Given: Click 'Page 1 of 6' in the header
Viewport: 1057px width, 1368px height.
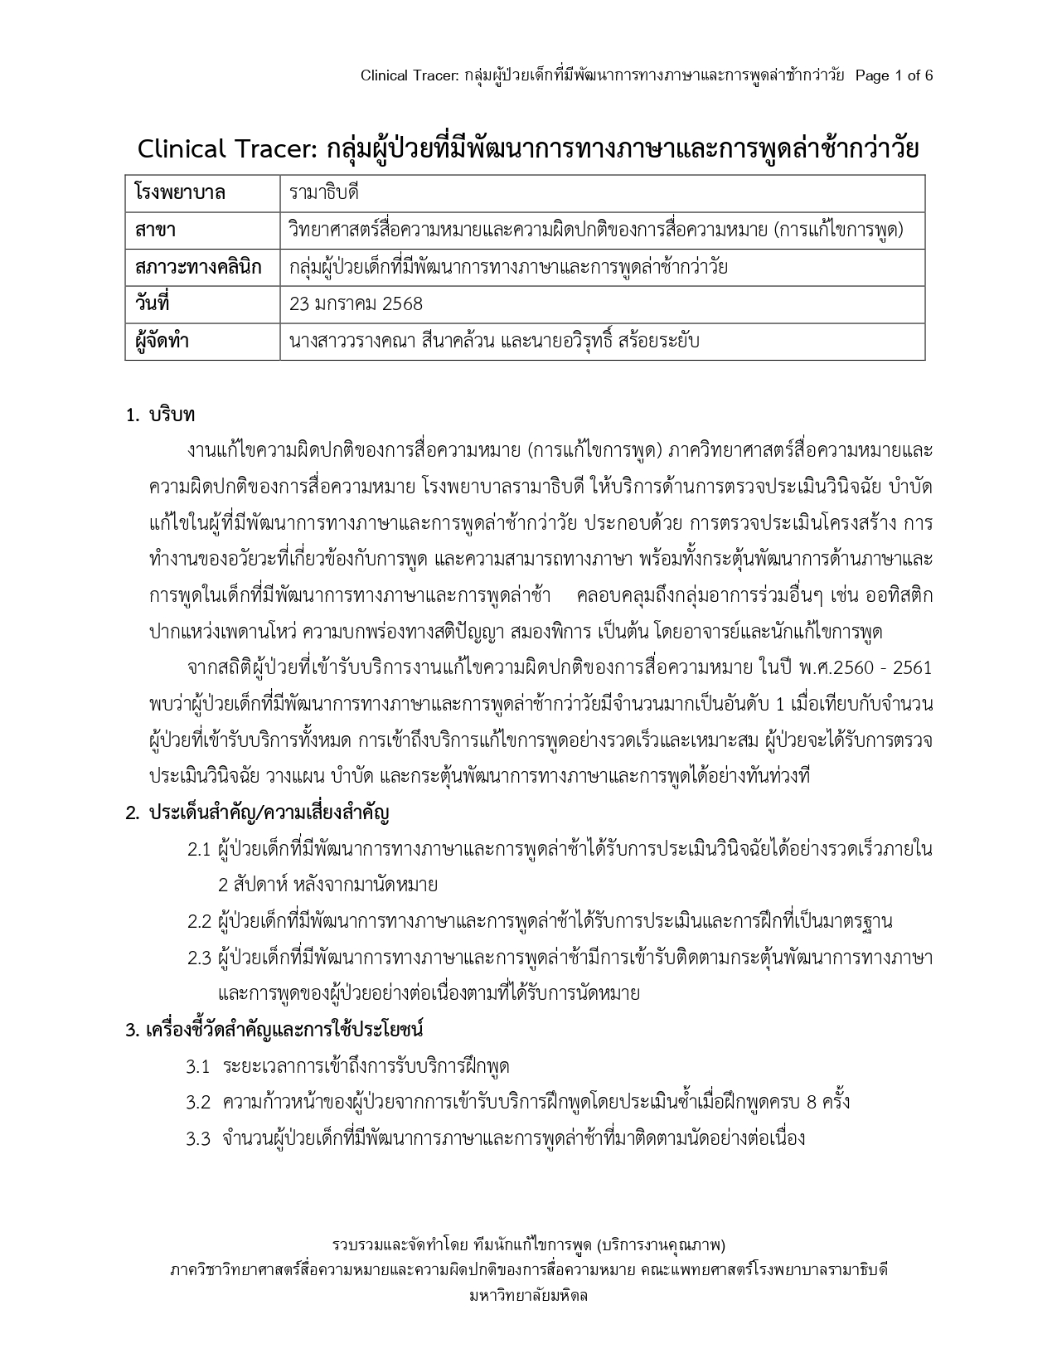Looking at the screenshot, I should click(894, 75).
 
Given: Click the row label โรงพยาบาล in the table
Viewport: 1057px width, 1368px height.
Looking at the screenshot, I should click(180, 193).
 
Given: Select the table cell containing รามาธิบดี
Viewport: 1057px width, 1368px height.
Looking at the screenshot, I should click(324, 193).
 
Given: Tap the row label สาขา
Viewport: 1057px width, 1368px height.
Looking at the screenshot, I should click(155, 230).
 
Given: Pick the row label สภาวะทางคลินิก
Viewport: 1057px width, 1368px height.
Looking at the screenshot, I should click(197, 267).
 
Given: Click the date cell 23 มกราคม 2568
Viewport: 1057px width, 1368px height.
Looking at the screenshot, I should click(356, 303).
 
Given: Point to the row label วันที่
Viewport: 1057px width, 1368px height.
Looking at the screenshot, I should click(153, 303).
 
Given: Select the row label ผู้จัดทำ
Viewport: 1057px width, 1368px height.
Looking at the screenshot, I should click(162, 341).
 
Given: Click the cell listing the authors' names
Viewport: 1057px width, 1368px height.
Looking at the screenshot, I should click(494, 341).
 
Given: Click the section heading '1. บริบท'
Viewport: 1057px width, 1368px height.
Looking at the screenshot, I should click(160, 415).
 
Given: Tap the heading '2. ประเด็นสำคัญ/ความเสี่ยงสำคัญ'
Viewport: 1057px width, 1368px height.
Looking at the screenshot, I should click(257, 813).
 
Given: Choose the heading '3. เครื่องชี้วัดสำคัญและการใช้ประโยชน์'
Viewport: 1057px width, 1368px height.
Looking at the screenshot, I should click(274, 1030).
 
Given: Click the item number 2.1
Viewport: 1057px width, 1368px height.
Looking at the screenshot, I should click(199, 849).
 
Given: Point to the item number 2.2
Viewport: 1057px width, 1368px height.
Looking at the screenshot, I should click(199, 921).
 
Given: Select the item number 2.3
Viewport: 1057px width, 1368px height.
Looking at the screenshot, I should click(199, 958).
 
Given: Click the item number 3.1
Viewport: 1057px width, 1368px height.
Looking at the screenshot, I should click(198, 1066).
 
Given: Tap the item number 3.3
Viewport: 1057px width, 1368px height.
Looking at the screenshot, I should click(198, 1138).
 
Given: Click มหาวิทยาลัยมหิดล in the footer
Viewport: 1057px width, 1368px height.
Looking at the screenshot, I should click(528, 1296).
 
